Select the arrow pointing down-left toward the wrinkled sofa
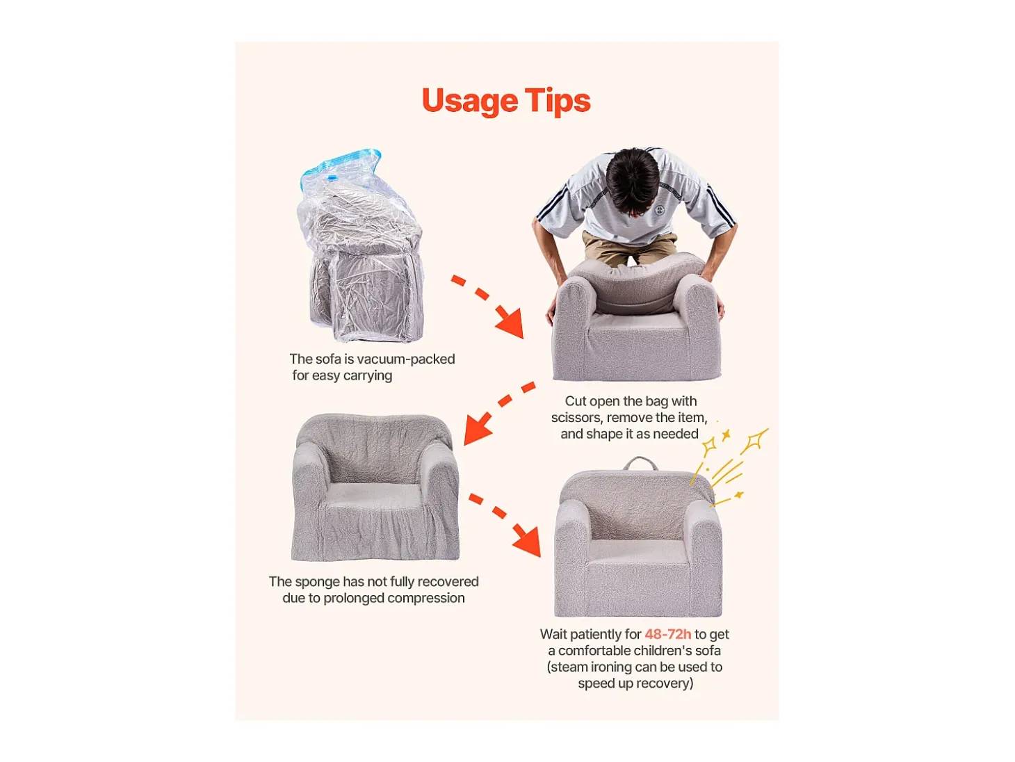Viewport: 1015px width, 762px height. pos(499,412)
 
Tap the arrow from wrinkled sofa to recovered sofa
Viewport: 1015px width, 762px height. pos(505,525)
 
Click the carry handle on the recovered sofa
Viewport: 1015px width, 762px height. pos(641,463)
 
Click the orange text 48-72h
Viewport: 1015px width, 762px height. pos(667,634)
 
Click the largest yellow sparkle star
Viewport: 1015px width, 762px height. pos(755,439)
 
